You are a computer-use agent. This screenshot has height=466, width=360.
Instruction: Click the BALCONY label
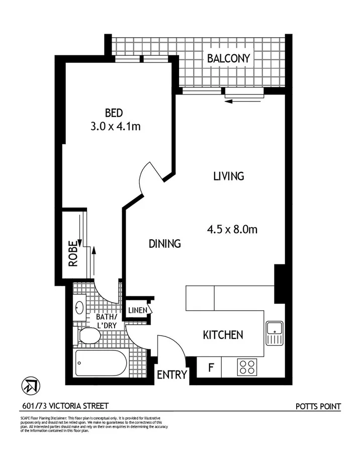coord(228,58)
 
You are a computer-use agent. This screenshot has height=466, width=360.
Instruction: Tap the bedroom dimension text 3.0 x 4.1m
coord(115,126)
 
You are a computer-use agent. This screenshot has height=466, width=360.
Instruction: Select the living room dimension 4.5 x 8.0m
coord(232,229)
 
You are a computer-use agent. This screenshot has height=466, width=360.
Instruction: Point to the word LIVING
coord(228,176)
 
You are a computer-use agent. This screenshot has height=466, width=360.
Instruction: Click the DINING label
coord(164,244)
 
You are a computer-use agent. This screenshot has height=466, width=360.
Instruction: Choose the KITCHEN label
coord(223,335)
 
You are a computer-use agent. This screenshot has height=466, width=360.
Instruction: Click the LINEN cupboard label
coord(137,310)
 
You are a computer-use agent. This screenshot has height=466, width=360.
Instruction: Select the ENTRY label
coord(172,375)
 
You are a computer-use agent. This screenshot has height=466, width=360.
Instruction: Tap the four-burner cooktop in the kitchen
coord(247,366)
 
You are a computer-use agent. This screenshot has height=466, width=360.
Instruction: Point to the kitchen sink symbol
coord(275,333)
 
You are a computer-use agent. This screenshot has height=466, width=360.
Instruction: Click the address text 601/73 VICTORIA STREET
coord(65,406)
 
